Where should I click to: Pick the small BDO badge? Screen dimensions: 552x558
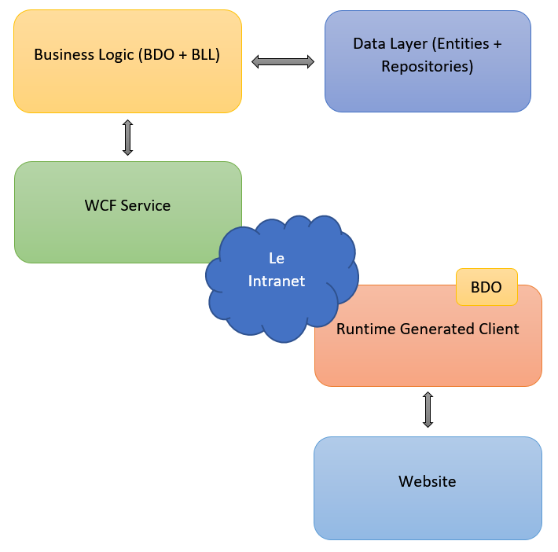point(486,287)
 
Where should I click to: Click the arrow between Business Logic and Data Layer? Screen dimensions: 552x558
point(283,61)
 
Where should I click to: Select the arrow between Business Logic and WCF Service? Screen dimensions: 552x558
point(127,138)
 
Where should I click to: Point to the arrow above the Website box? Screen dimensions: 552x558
point(428,410)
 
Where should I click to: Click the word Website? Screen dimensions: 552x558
point(428,481)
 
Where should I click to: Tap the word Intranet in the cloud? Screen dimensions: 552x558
point(277,281)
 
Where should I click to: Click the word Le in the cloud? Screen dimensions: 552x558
point(277,259)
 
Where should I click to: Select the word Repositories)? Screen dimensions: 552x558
point(428,67)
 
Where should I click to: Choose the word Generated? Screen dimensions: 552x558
point(435,329)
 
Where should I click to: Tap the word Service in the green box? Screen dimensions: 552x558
point(145,206)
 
